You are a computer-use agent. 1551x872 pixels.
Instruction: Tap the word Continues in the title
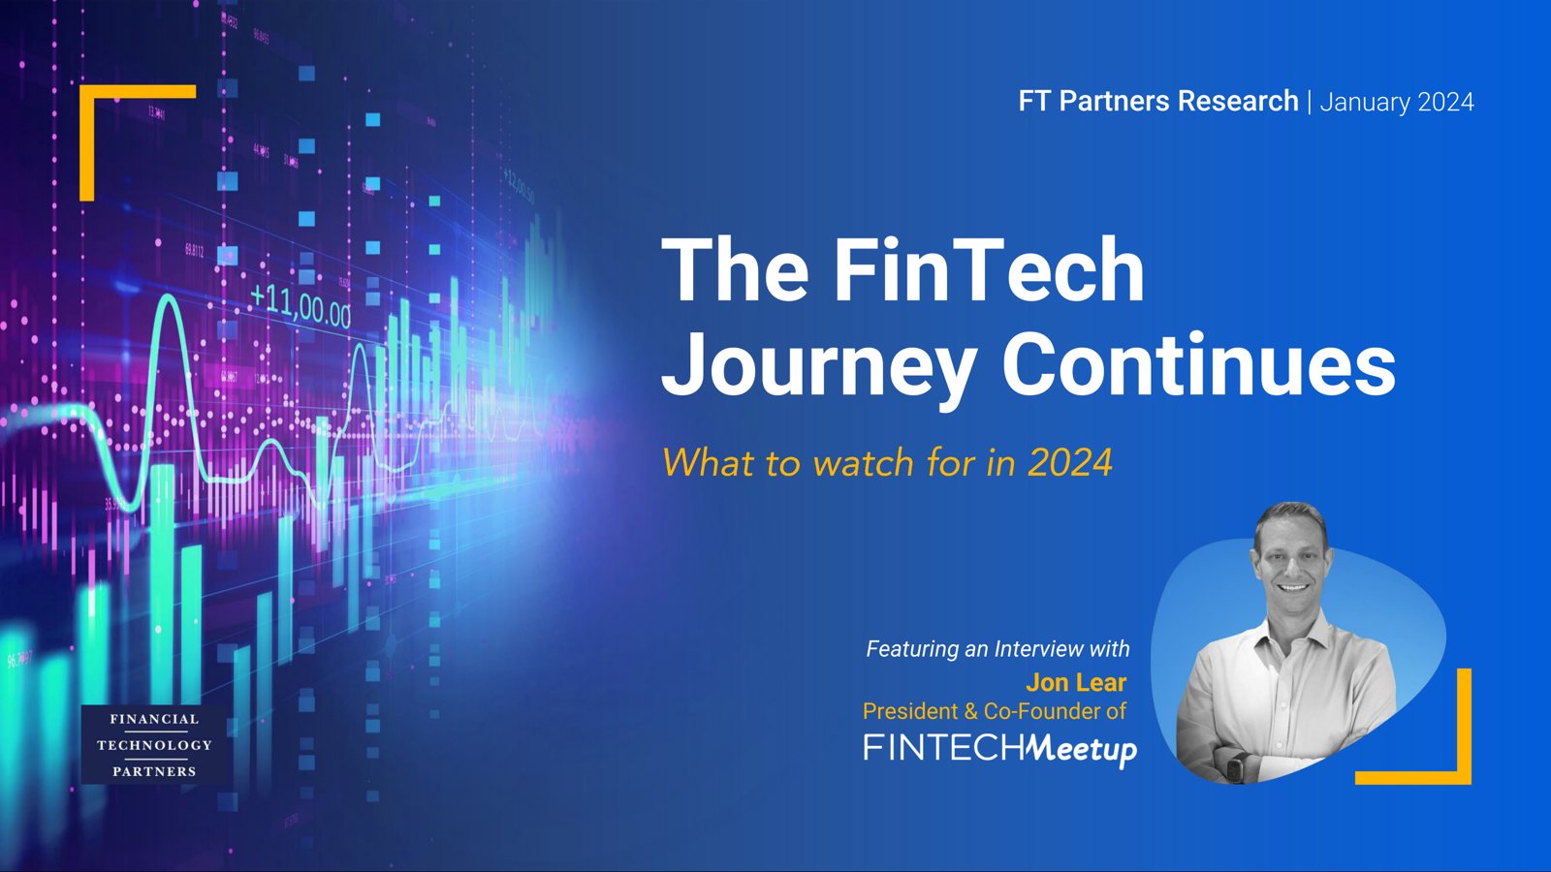[1198, 364]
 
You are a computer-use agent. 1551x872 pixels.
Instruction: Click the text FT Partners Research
[1157, 101]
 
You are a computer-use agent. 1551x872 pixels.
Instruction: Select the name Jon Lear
[1076, 682]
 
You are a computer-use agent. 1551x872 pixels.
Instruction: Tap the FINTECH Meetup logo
[999, 748]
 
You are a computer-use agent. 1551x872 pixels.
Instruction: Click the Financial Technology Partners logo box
[154, 744]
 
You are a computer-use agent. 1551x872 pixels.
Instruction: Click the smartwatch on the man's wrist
[1236, 765]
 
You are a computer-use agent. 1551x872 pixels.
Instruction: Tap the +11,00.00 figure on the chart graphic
[301, 306]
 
